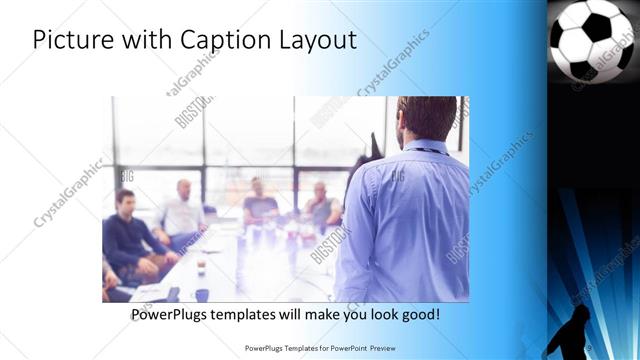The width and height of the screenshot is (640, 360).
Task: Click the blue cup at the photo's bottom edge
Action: point(202,295)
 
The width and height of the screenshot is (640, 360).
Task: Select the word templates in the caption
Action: point(250,315)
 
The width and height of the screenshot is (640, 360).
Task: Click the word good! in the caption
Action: point(419,315)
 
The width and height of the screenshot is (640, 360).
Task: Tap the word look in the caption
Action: point(375,315)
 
